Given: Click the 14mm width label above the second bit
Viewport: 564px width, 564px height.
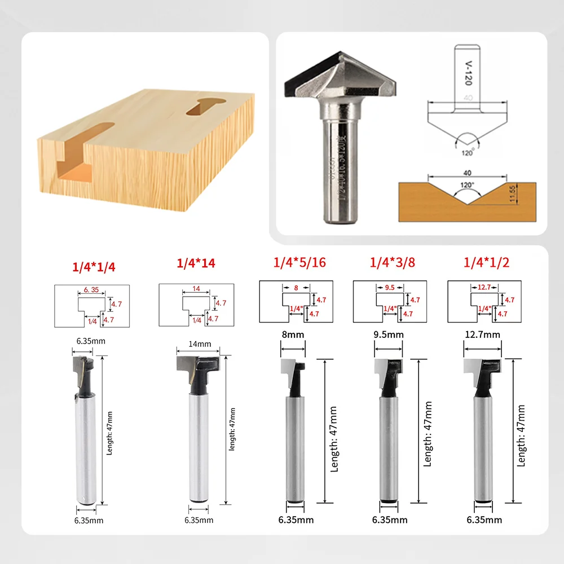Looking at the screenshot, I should coord(196,343).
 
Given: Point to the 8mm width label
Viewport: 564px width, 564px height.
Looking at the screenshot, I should coord(293,334).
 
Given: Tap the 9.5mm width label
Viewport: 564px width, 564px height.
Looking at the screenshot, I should coord(388,334).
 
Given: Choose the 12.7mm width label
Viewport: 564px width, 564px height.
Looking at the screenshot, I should coord(483,334).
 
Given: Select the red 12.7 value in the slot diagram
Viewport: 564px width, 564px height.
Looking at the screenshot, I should coord(483,287).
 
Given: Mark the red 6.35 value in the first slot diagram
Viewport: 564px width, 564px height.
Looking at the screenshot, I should coord(91,289).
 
